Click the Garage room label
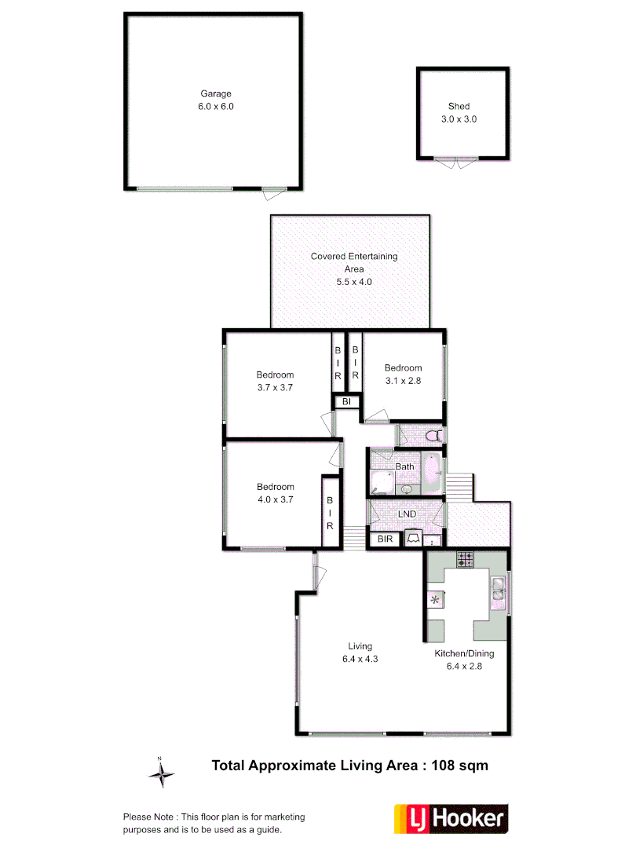click(216, 93)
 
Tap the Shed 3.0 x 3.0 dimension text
click(459, 119)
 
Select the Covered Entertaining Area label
click(354, 262)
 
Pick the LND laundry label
click(407, 514)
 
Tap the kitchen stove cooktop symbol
click(465, 560)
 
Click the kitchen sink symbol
click(498, 589)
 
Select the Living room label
click(360, 646)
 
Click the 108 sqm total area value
click(459, 766)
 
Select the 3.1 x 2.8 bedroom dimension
click(403, 381)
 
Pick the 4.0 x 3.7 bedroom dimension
click(275, 499)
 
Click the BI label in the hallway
click(346, 402)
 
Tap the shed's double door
click(455, 163)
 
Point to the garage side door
click(273, 192)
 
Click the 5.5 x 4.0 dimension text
click(354, 282)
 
